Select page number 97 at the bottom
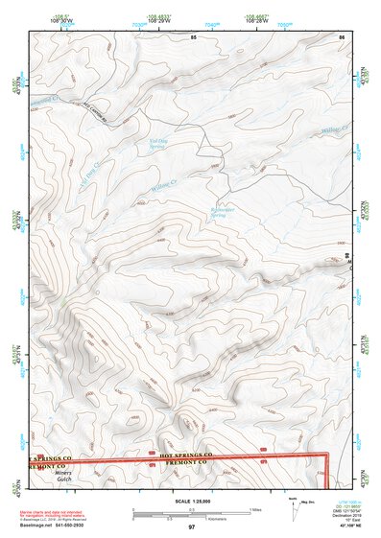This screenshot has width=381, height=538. pyautogui.click(x=191, y=526)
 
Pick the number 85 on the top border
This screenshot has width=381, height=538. pyautogui.click(x=193, y=36)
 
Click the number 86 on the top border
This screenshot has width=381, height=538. pyautogui.click(x=341, y=36)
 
